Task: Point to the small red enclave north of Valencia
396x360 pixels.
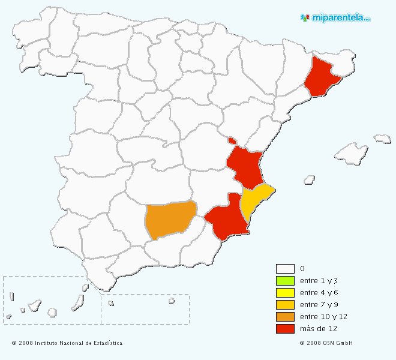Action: pos(232,141)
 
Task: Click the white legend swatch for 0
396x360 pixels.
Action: pos(285,269)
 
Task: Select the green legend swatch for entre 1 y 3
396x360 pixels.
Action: pos(285,281)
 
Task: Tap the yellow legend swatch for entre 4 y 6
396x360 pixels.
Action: pos(285,293)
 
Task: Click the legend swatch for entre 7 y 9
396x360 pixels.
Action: pos(285,305)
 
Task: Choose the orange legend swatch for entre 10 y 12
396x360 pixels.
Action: pos(285,317)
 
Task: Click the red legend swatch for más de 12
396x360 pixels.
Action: pos(285,329)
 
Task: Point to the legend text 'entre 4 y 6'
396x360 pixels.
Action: pos(318,293)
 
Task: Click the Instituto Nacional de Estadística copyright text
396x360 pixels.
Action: pos(67,343)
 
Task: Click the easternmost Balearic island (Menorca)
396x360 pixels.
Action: pos(382,139)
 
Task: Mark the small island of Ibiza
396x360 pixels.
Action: pos(310,179)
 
